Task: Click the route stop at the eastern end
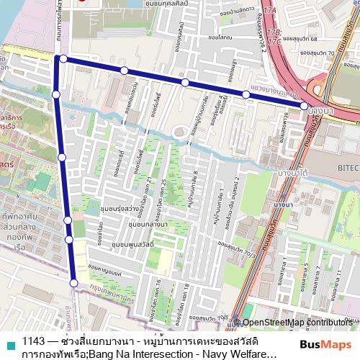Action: coord(304,106)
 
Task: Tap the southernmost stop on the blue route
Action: coord(73,283)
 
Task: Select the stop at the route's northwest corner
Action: coord(63,58)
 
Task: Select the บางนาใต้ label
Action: coord(297,174)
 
